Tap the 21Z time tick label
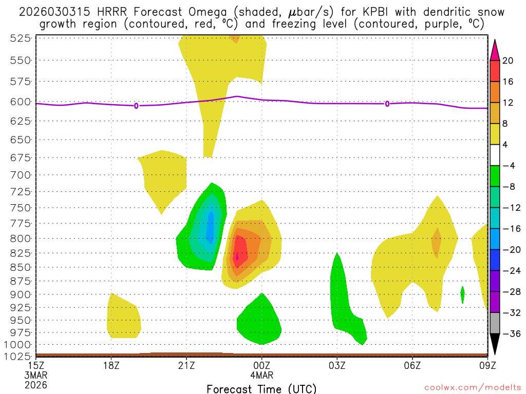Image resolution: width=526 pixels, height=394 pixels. pyautogui.click(x=186, y=365)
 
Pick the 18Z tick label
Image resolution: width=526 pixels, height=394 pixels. pyautogui.click(x=111, y=365)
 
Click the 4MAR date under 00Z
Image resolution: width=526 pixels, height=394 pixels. pyautogui.click(x=262, y=375)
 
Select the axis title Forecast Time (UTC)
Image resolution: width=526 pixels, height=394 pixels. pyautogui.click(x=261, y=388)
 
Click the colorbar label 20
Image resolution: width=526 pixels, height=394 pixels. pyautogui.click(x=509, y=61)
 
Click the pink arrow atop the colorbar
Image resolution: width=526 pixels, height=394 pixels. pyautogui.click(x=495, y=49)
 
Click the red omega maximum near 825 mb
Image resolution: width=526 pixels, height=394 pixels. pyautogui.click(x=237, y=254)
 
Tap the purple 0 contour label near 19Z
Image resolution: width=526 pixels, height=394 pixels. pyautogui.click(x=136, y=106)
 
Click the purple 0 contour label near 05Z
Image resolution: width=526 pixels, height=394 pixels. pyautogui.click(x=387, y=104)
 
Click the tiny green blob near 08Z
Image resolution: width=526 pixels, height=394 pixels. pyautogui.click(x=463, y=294)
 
